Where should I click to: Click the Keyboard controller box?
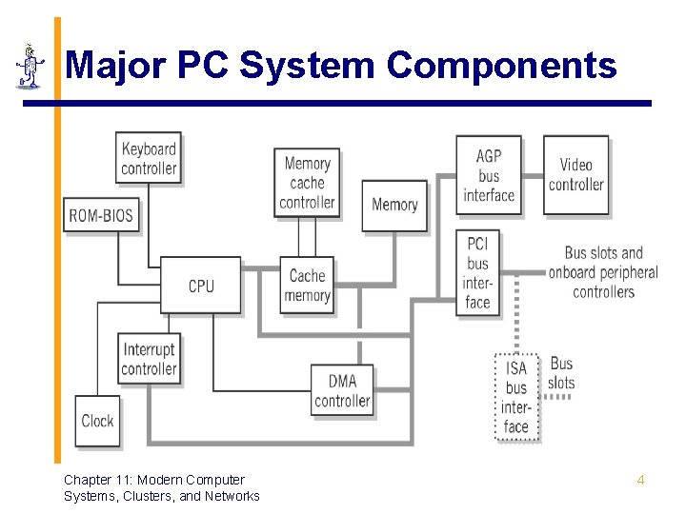149,159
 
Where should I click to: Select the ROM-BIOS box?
101,216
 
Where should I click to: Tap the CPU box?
201,286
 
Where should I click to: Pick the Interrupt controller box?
150,360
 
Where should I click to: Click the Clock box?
98,421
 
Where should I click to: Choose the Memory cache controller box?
307,183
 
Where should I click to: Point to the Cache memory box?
307,286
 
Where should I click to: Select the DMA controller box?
342,391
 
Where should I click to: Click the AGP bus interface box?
489,176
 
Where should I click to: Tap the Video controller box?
576,175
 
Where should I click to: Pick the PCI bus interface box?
478,273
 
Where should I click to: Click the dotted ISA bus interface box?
516,397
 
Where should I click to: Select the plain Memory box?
394,205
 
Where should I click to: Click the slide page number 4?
640,481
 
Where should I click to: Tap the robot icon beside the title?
30,67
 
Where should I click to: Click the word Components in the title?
502,66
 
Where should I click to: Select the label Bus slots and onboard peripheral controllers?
603,272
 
